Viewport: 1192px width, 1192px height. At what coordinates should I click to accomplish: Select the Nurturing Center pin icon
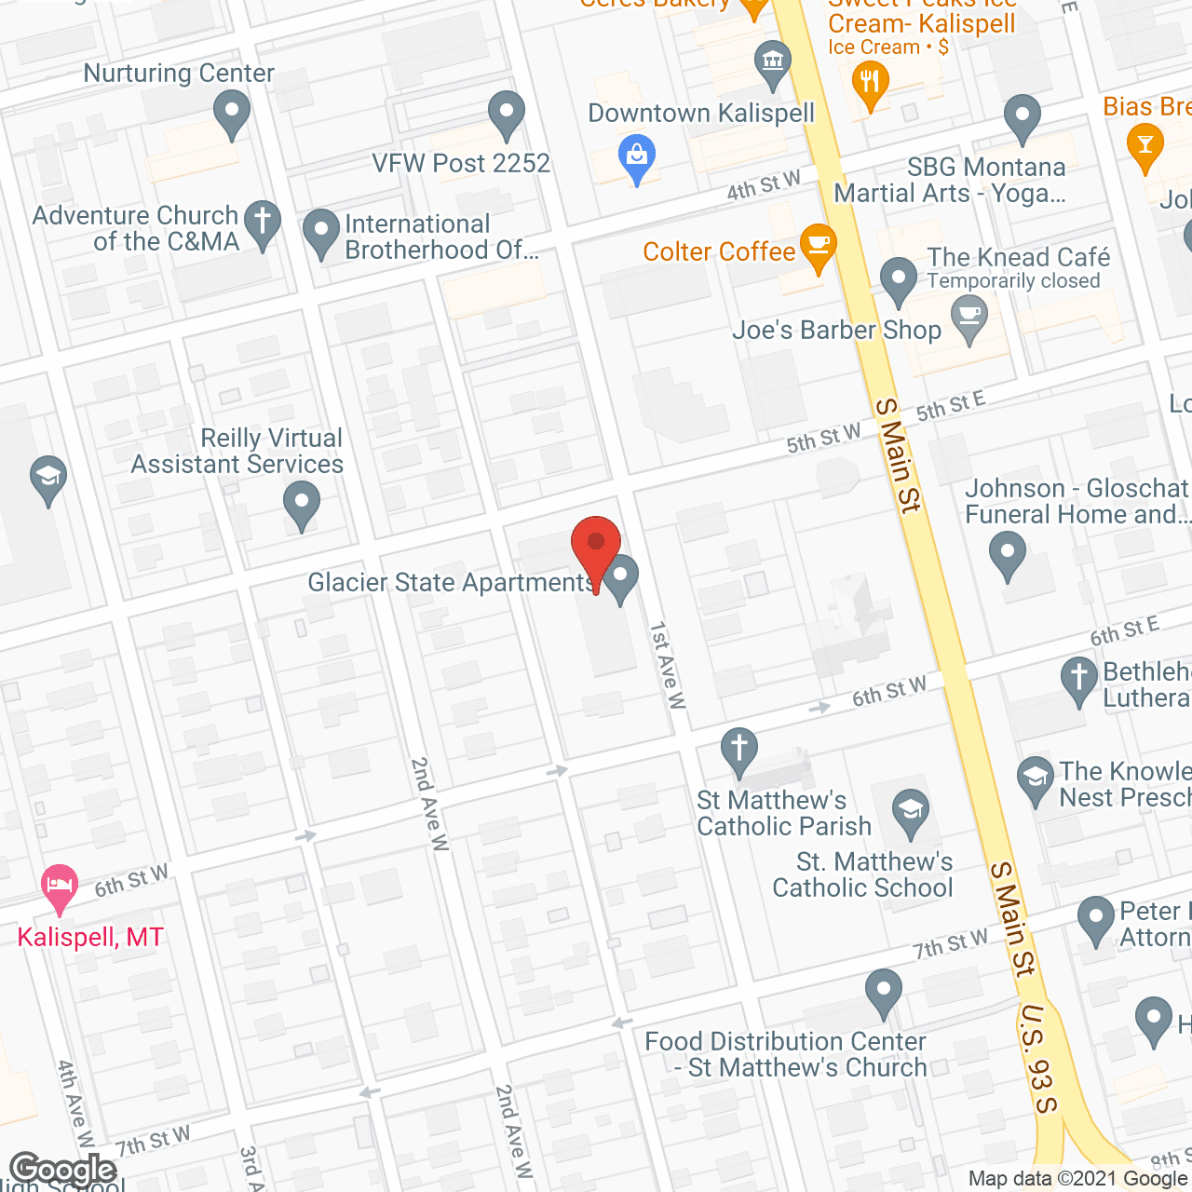[232, 115]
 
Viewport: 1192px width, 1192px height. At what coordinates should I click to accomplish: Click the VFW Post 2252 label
[461, 164]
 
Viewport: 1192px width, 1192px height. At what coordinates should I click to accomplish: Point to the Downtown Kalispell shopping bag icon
[637, 157]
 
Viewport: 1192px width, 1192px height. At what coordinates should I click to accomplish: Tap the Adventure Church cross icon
[263, 223]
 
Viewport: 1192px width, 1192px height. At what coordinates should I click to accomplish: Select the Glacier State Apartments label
[451, 583]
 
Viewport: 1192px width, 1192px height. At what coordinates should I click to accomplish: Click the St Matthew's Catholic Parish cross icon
[739, 750]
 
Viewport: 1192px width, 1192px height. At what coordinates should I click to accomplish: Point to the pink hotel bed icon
[60, 886]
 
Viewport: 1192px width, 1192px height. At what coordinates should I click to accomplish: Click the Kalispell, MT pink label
[90, 937]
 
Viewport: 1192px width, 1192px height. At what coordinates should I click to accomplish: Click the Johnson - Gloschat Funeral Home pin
[1007, 554]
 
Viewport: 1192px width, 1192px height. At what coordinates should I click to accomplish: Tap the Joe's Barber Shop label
[836, 331]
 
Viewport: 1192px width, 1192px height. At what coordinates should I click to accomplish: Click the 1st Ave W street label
[668, 665]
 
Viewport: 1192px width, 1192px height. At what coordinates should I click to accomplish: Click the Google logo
[62, 1169]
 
